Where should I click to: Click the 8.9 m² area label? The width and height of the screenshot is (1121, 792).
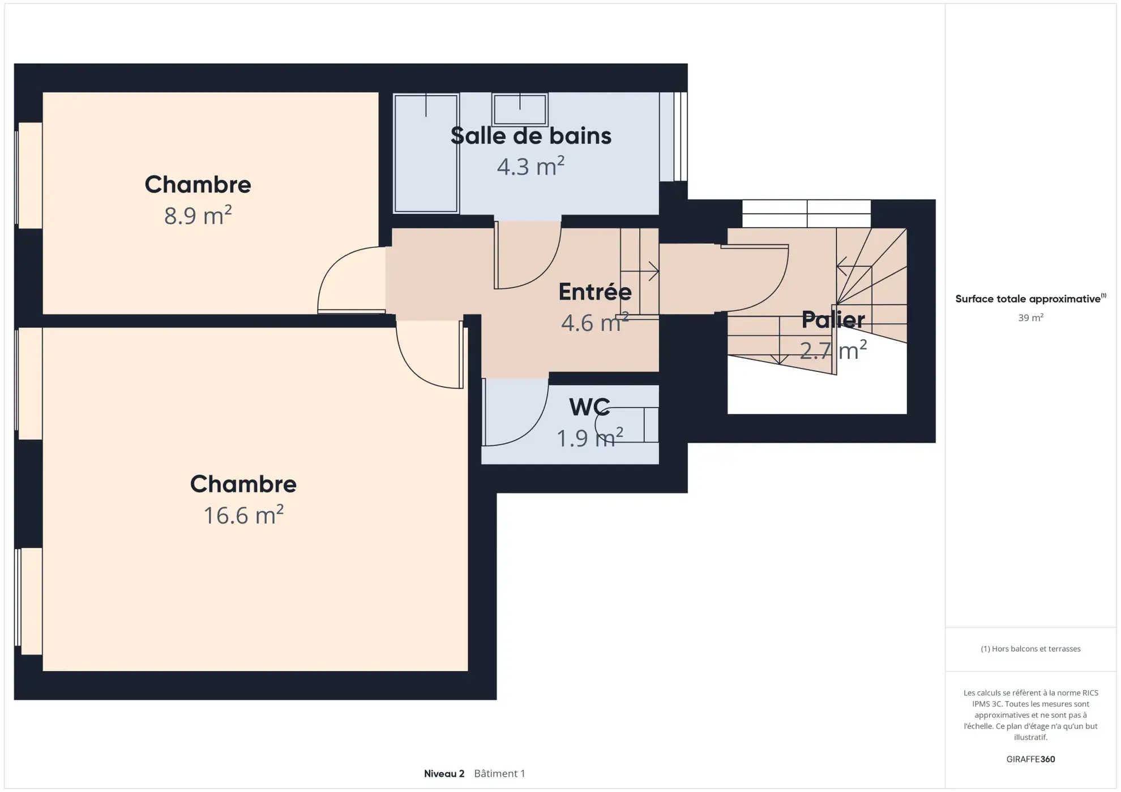[x=198, y=216]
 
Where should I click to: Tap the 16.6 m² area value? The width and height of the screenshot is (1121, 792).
[x=243, y=515]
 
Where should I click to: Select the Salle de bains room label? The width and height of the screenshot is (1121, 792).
[x=530, y=136]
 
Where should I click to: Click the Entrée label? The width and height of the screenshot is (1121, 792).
[x=594, y=292]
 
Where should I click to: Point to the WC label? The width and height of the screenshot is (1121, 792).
[x=589, y=407]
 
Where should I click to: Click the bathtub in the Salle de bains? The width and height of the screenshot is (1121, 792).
[x=426, y=153]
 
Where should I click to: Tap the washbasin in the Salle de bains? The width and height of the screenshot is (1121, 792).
[x=519, y=109]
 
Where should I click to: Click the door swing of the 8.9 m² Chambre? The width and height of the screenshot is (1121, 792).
[x=345, y=280]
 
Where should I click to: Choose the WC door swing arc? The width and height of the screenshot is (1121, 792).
[x=512, y=413]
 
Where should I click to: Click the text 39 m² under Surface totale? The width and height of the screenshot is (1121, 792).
[x=1030, y=318]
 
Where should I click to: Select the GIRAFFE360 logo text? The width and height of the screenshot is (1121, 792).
[x=1030, y=759]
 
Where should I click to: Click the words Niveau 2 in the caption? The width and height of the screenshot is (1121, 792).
[x=444, y=773]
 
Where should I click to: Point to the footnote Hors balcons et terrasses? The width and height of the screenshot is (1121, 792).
[x=1030, y=649]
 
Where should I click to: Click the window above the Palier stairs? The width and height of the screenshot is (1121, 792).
[x=806, y=213]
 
